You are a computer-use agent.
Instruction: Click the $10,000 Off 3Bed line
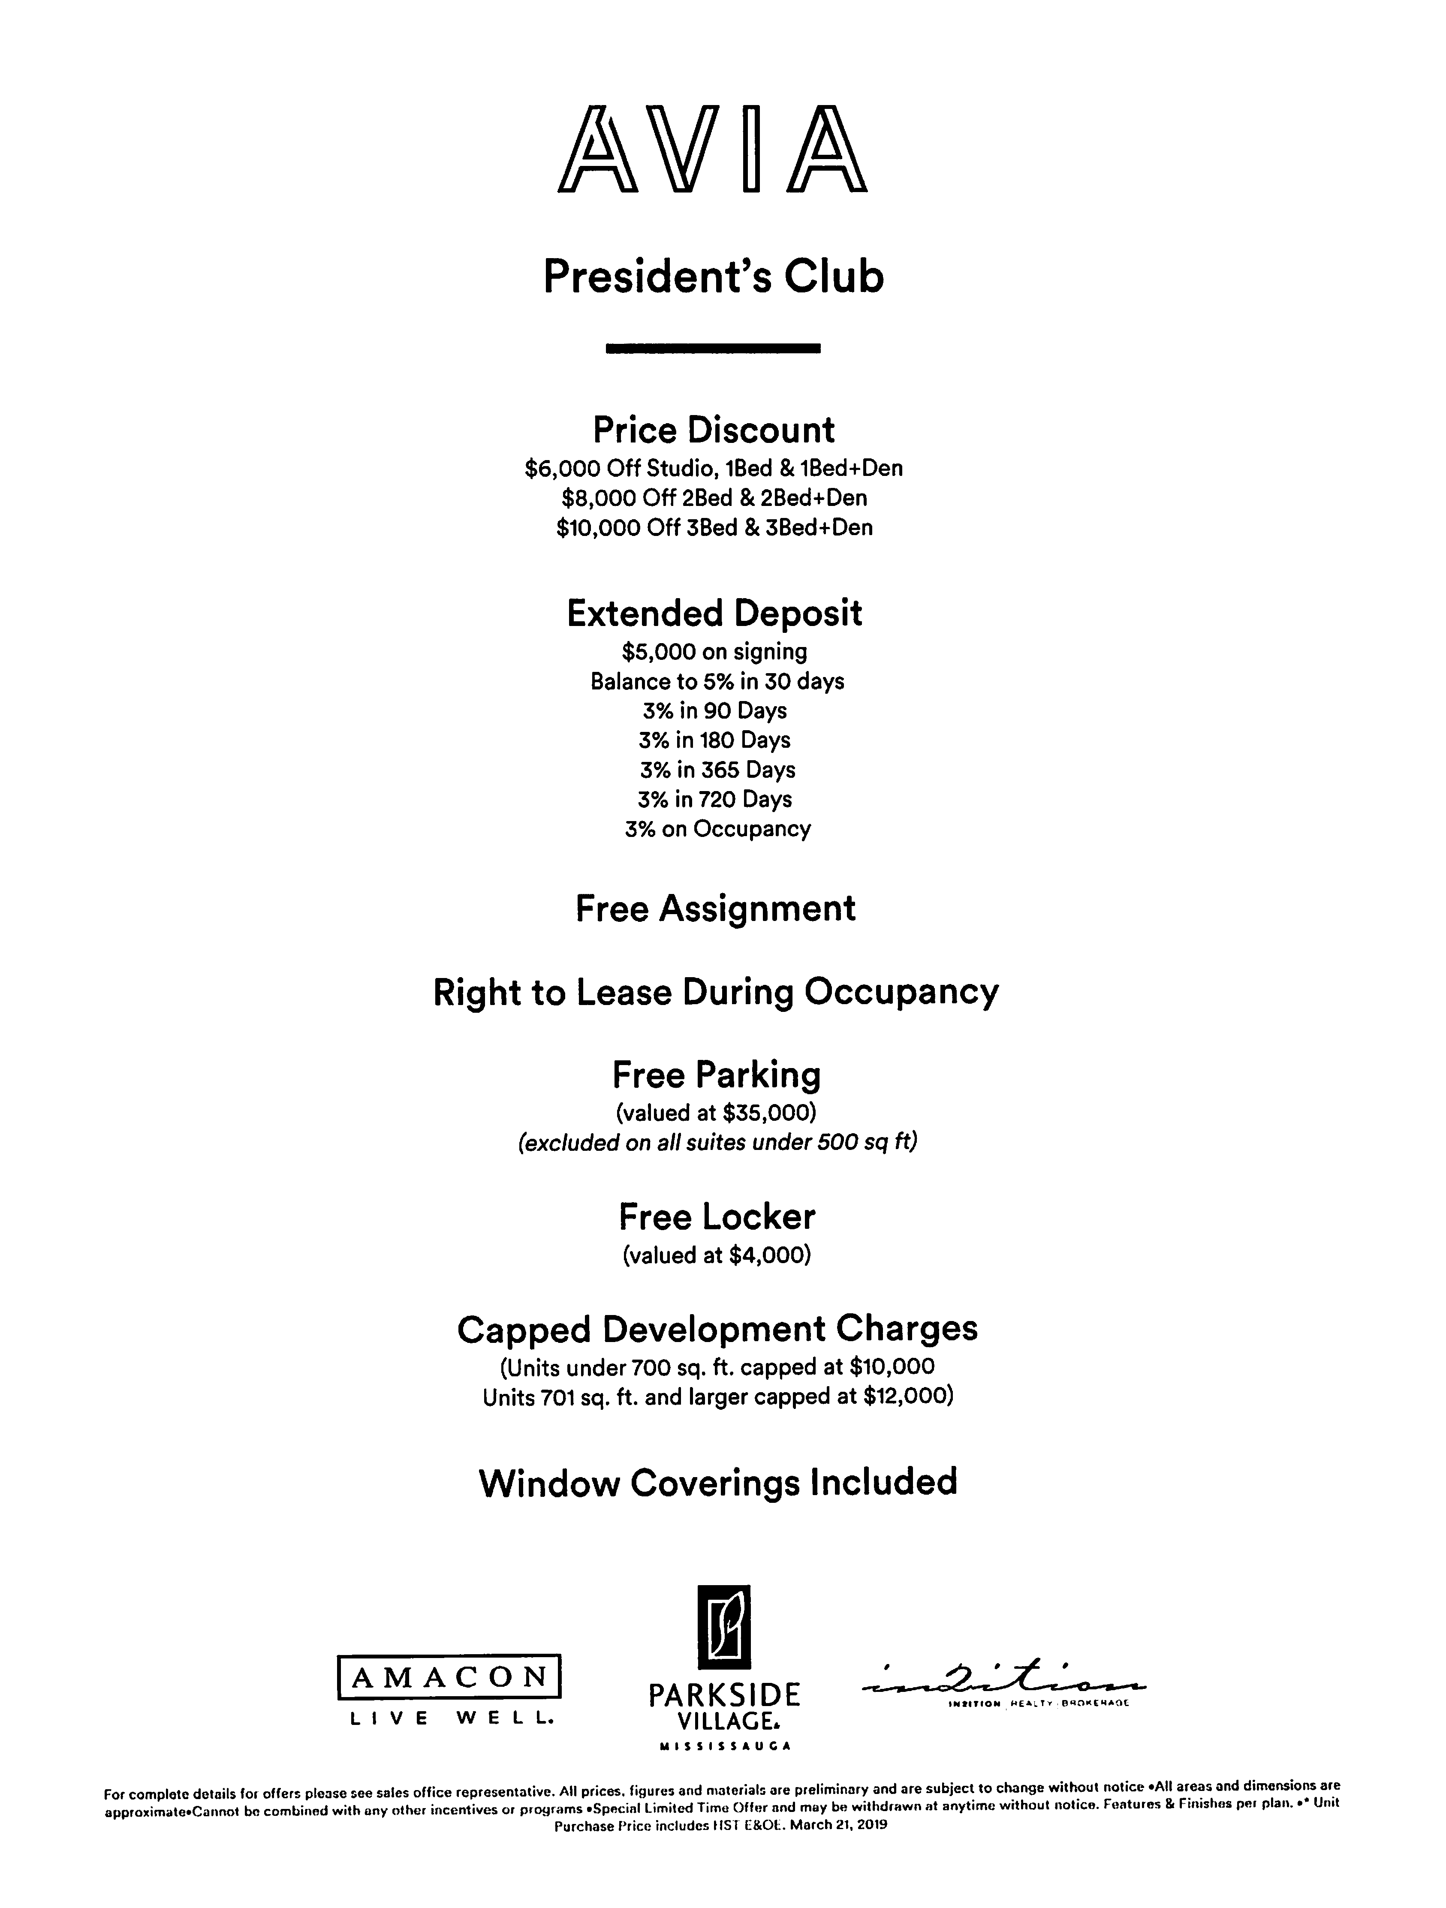coord(714,528)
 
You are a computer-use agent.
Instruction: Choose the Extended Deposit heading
coord(714,613)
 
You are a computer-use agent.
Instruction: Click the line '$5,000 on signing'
coord(714,652)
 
